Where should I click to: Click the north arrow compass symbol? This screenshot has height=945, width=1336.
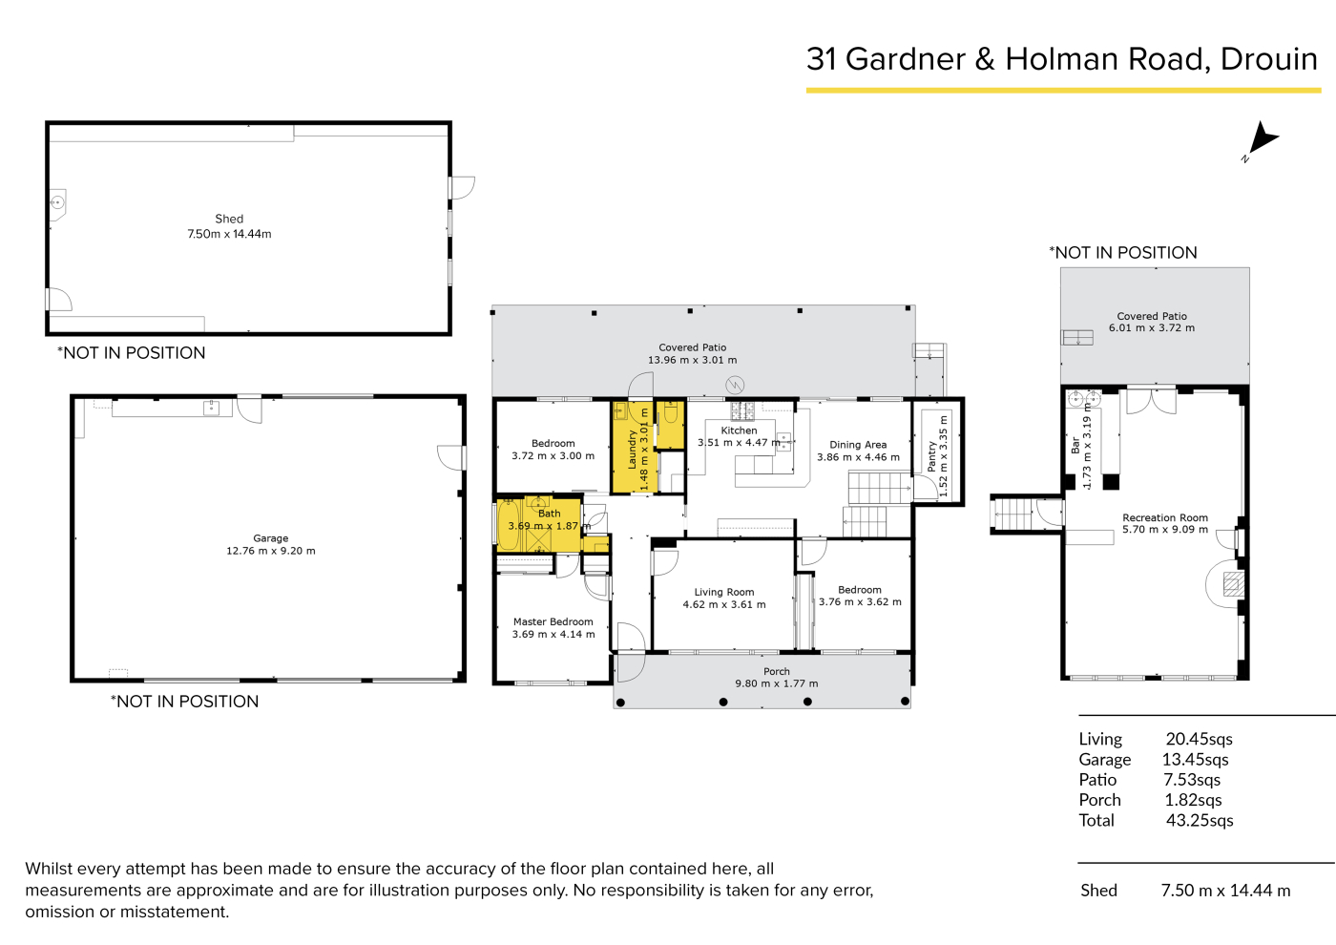[x=1263, y=139]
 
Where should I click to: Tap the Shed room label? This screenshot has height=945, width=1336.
[x=229, y=219]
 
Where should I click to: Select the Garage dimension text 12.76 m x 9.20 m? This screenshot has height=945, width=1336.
[x=271, y=551]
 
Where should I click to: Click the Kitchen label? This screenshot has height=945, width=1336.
[x=739, y=430]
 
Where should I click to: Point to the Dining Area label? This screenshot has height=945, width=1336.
[x=858, y=445]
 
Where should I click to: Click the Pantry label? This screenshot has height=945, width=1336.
[x=932, y=456]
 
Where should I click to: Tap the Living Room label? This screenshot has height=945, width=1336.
[x=724, y=592]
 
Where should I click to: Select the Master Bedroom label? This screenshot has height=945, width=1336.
[x=553, y=621]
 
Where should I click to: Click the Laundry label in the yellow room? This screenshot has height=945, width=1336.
[x=632, y=450]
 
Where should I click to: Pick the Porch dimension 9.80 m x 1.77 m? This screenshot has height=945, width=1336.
[x=777, y=683]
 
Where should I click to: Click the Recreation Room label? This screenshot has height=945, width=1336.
[x=1165, y=517]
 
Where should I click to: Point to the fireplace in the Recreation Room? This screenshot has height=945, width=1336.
[x=1233, y=583]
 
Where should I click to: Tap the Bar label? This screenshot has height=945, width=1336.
[x=1075, y=445]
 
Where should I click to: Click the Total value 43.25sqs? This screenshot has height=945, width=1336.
[x=1200, y=820]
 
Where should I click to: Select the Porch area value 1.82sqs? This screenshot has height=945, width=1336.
[x=1193, y=800]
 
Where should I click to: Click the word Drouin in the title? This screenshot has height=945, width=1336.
[x=1268, y=59]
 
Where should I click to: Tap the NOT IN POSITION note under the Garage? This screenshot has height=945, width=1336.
[x=185, y=701]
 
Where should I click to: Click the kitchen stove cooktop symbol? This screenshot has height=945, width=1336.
[x=742, y=409]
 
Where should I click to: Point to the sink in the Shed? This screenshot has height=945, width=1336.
[x=57, y=202]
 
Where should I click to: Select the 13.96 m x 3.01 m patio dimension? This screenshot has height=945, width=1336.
[x=693, y=361]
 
